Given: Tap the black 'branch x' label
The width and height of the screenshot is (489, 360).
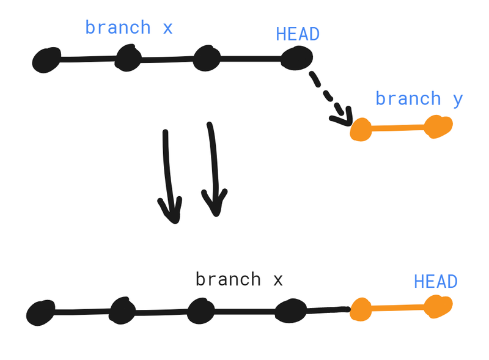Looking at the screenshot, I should coord(239,279).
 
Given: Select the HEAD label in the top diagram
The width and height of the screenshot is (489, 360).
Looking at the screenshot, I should coord(298,34).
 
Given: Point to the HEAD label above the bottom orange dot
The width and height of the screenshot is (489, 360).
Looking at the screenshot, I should coord(436,282).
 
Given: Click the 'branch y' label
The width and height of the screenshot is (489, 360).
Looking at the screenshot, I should coord(419,98).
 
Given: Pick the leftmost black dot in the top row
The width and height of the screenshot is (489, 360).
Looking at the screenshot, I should coord(46,60).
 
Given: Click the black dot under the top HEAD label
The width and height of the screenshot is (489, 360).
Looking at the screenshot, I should coord(297,59).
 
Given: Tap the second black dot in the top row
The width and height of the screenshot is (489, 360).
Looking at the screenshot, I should coord(128,59).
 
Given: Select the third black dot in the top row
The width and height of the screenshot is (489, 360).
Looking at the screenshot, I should coord(207,59).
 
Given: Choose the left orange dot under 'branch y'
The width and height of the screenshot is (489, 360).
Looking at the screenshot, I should coord(361,130).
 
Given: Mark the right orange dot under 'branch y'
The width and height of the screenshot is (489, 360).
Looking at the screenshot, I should coord(438,127).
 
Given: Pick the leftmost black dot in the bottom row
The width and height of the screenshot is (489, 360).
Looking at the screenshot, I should coord(41,314).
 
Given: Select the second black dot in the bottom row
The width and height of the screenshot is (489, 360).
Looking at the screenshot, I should coord(123,311).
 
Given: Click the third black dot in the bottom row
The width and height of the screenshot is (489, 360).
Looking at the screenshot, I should coord(200,311).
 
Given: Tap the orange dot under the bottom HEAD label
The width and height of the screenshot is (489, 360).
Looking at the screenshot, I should coord(438,306).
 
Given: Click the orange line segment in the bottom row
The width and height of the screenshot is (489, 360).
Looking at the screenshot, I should coord(397,307).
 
